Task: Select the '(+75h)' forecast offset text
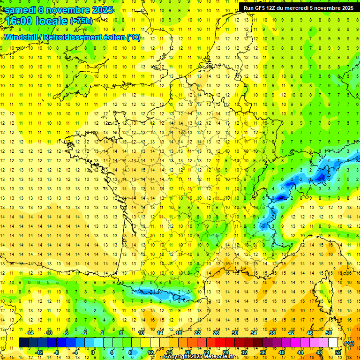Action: pos(81,21)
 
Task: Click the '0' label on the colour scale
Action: pos(93,352)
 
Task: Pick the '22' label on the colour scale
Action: pos(197,333)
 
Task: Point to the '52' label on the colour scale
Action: pos(338,352)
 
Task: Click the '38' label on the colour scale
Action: pos(272,333)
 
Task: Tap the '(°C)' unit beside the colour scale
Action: pos(349,343)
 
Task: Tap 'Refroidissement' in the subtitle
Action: pos(73,37)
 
